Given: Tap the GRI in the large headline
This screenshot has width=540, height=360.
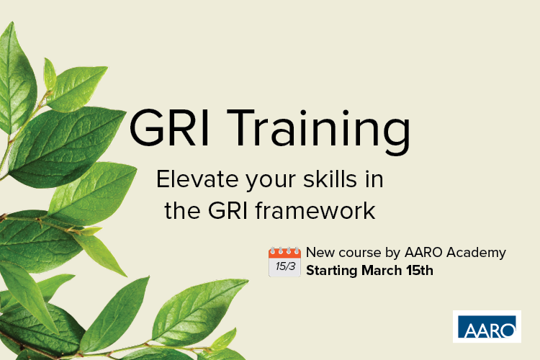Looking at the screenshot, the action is click(169, 128).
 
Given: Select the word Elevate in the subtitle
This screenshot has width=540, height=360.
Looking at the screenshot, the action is click(197, 179).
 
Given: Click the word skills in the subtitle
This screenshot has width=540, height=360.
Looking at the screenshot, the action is click(330, 179).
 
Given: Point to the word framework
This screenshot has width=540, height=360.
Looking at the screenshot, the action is click(315, 210).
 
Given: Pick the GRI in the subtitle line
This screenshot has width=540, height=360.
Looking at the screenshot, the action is click(228, 210).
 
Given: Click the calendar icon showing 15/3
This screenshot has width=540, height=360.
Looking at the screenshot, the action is click(284, 262).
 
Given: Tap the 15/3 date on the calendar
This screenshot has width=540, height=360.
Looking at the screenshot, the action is click(285, 266).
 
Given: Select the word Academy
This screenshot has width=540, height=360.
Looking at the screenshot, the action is click(476, 253).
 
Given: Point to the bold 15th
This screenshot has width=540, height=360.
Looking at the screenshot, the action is click(420, 271).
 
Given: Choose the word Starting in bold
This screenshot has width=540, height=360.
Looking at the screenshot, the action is click(332, 271).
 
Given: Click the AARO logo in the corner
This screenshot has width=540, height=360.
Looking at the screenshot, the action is click(487, 327).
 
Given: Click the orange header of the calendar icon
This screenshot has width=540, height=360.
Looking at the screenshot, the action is click(284, 253).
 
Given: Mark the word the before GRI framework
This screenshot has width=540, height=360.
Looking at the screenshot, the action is click(183, 210).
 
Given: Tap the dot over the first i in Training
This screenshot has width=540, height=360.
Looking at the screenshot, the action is click(303, 113).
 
